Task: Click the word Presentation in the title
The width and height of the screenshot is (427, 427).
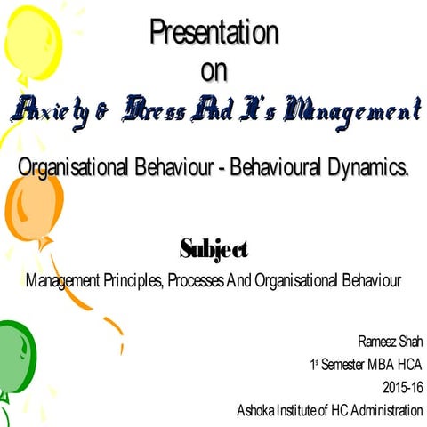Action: (x=213, y=33)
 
